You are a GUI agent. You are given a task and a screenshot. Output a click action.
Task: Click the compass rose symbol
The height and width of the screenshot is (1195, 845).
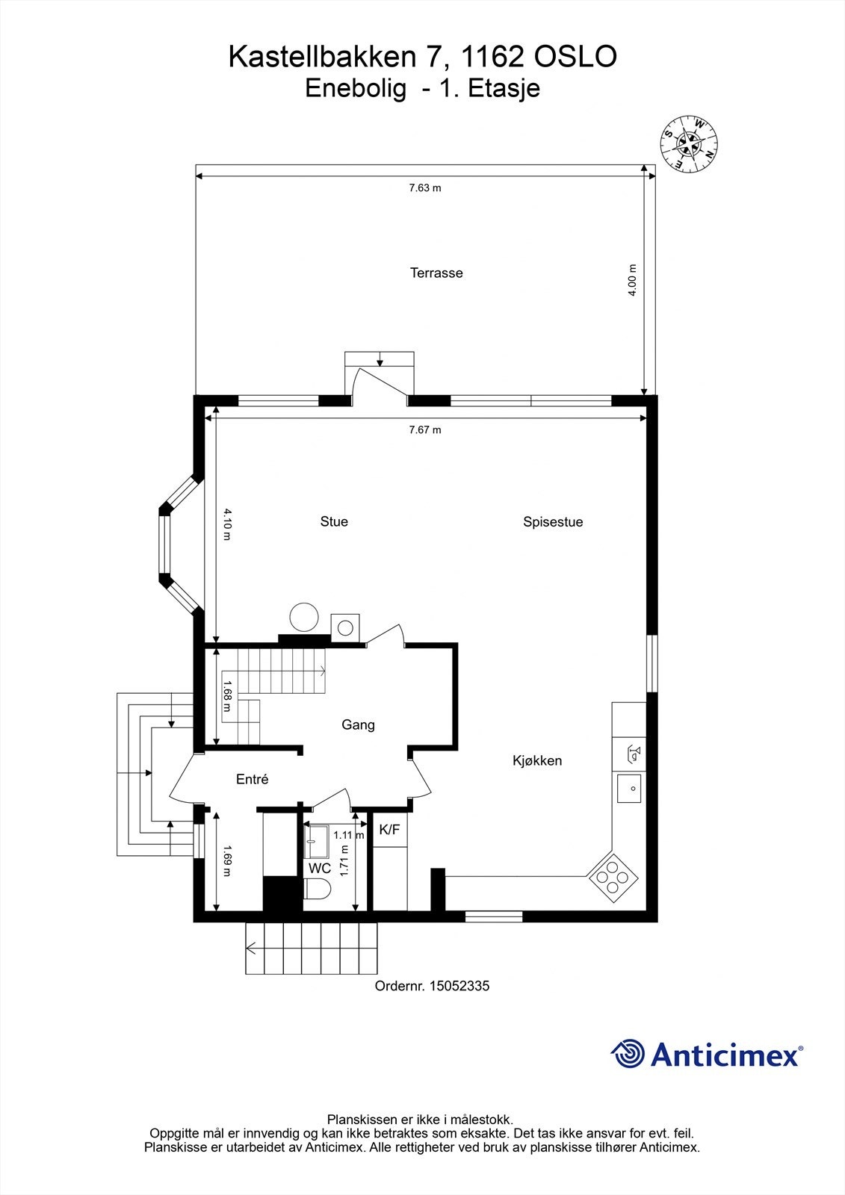pos(688,144)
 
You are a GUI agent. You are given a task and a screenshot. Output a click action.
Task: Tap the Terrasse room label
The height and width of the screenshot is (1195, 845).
pos(436,273)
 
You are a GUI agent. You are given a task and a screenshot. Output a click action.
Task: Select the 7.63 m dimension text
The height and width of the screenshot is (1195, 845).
pos(424,188)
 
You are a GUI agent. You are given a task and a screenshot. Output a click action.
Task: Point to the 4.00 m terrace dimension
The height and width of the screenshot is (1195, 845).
pos(632,281)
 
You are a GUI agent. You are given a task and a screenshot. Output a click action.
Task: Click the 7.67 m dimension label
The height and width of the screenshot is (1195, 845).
pos(424,430)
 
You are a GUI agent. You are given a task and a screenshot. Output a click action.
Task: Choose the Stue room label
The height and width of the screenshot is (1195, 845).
pos(334,522)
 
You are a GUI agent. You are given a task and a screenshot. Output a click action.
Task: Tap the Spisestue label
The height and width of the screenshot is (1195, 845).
pos(553,522)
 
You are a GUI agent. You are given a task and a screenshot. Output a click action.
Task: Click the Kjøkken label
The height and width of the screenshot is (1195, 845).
pos(537,761)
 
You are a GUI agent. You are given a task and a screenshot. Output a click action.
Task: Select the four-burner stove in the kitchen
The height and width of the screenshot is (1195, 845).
pos(613,878)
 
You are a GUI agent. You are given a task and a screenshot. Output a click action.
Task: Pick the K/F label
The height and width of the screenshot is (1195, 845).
pos(389,830)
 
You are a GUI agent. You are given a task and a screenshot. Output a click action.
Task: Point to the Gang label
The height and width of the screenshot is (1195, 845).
pos(358,725)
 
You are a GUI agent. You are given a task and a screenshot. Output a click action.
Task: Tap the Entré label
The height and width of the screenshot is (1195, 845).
pos(252,780)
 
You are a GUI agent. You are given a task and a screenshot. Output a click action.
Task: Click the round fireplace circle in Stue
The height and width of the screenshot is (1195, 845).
pos(304,618)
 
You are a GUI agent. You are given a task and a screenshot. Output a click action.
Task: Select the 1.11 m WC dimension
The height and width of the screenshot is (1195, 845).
pos(348,836)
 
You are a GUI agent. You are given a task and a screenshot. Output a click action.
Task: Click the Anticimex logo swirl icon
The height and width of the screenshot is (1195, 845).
pos(628,1054)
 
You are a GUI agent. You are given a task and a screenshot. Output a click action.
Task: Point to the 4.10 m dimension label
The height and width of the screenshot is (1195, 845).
pos(227,519)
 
